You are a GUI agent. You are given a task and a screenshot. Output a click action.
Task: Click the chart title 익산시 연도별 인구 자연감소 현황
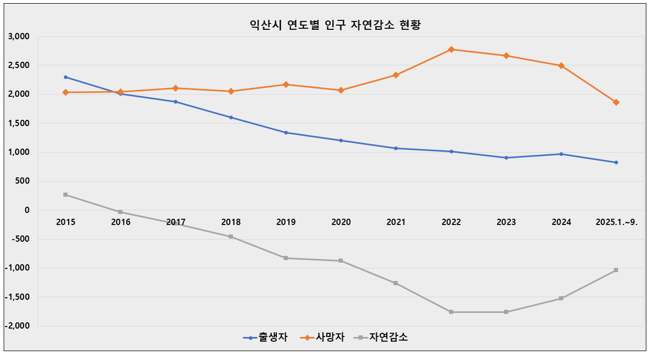[x=335, y=25]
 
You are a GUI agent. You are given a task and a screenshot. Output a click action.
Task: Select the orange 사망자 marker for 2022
[x=451, y=49]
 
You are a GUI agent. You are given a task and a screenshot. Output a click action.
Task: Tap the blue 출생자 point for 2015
[x=65, y=77]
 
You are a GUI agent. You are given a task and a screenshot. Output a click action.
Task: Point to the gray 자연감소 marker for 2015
[x=65, y=195]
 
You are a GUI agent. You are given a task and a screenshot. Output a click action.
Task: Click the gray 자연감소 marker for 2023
[x=506, y=312]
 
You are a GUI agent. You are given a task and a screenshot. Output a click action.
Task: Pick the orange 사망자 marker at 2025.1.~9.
[x=616, y=102]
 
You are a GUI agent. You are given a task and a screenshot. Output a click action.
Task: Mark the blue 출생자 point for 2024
[x=561, y=154]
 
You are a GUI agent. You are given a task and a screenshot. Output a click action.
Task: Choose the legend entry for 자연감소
[x=382, y=337]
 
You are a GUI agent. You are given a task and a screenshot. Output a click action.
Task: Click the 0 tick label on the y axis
[x=27, y=210]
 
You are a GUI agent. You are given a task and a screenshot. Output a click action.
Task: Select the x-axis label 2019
[x=286, y=222]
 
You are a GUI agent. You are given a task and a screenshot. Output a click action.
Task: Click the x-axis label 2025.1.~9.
[x=616, y=222]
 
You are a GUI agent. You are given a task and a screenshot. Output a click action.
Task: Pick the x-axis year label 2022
[x=451, y=222]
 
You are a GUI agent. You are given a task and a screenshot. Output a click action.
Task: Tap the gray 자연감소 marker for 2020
[x=341, y=261]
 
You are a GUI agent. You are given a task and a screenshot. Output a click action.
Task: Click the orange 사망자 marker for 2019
[x=286, y=84]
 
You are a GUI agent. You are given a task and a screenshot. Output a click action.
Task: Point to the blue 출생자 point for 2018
[x=231, y=117]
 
